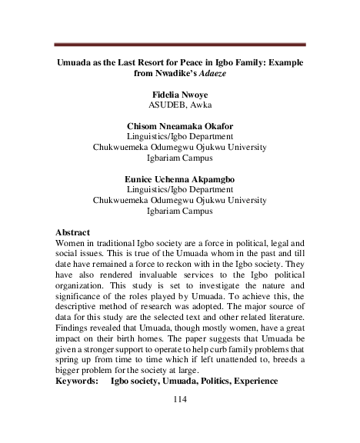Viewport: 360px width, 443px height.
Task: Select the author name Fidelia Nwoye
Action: [x=179, y=94]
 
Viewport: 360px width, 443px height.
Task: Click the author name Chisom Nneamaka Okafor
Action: [x=179, y=126]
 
